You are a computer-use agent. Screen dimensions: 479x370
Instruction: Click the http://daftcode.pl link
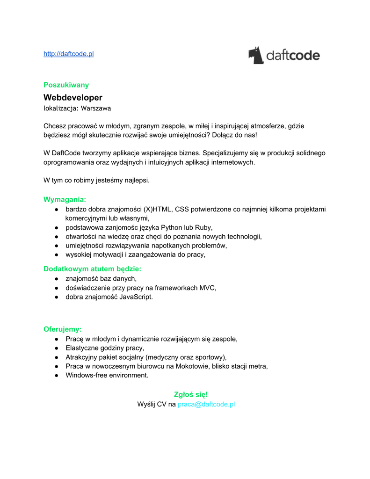68,54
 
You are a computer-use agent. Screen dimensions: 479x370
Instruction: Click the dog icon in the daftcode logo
256,55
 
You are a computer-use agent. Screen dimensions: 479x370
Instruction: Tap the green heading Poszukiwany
66,85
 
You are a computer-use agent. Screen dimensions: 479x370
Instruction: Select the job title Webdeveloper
73,97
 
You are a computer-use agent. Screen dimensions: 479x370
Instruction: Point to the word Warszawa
96,108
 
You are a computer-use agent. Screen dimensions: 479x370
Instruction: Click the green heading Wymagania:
65,199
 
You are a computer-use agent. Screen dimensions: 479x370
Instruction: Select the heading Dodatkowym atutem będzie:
92,269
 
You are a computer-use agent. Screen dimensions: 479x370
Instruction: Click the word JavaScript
136,297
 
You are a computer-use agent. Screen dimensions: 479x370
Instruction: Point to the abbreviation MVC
208,288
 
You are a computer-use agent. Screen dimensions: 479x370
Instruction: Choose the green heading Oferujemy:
63,329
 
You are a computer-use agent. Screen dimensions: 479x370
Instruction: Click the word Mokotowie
193,366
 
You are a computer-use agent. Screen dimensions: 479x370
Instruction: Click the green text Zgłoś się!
191,394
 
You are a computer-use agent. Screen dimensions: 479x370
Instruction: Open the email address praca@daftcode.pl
206,404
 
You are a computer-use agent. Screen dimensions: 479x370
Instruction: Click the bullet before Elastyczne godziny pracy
56,348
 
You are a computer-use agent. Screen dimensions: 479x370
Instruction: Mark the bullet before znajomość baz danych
56,279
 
